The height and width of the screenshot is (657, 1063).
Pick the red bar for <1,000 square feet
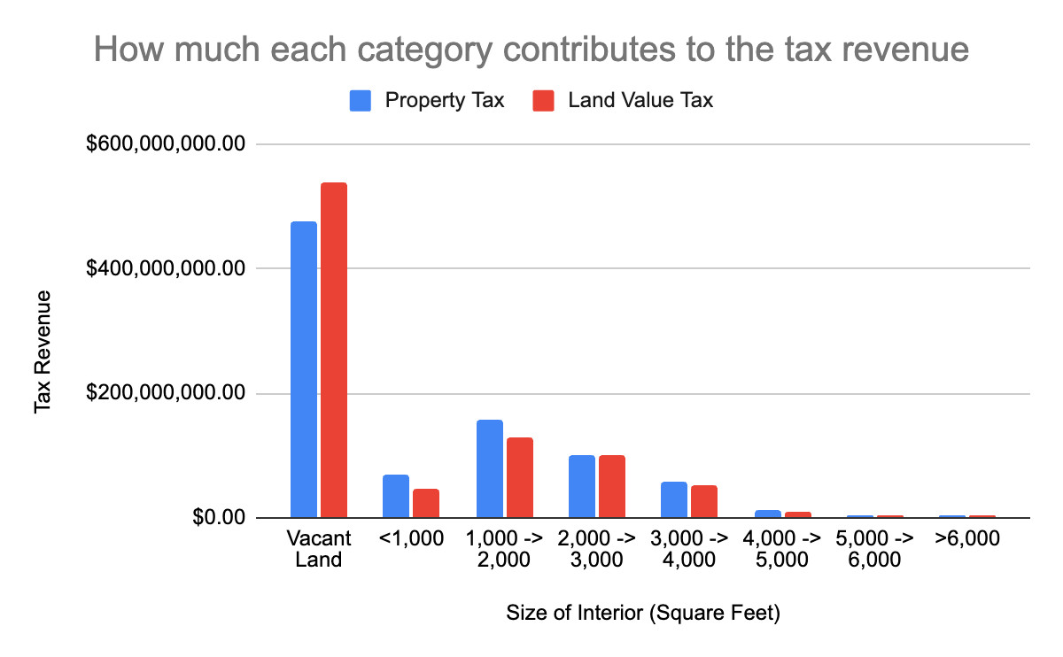(x=426, y=503)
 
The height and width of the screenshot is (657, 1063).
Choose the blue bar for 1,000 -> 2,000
(x=489, y=468)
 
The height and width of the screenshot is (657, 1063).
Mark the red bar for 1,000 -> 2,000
(x=519, y=477)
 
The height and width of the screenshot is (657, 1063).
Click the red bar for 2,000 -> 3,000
(x=612, y=486)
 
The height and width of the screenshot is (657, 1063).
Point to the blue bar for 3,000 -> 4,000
(x=674, y=499)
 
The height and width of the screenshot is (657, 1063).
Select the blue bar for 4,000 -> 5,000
(x=767, y=514)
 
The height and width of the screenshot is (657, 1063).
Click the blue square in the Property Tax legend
(x=361, y=101)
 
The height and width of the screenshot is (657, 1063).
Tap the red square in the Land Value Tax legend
(x=543, y=101)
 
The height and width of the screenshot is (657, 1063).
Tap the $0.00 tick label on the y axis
(x=216, y=518)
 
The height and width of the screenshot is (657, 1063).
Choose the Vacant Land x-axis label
(x=319, y=549)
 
